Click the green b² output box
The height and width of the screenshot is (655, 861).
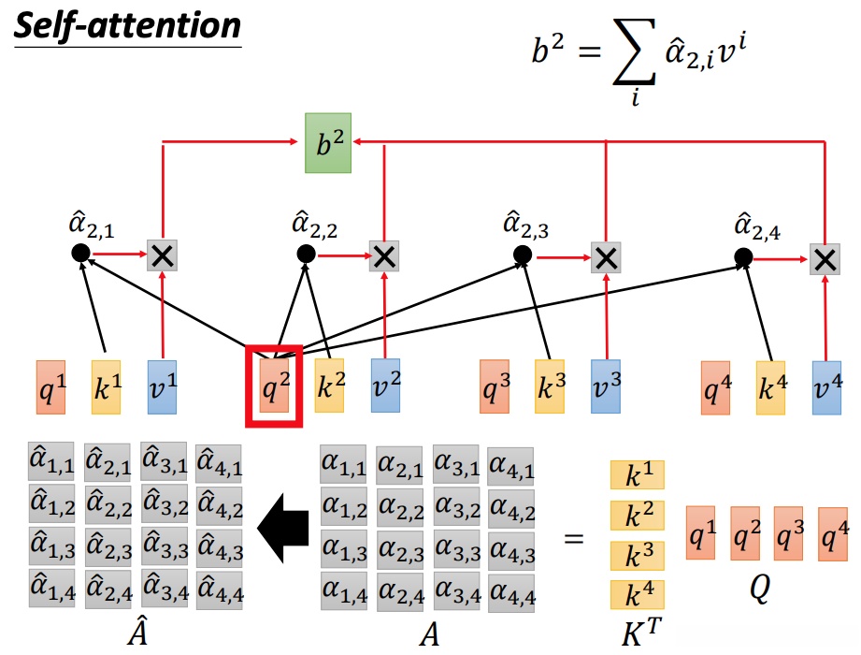point(328,143)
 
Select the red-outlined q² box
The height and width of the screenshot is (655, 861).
point(274,386)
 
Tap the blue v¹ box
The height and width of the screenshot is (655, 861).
point(162,386)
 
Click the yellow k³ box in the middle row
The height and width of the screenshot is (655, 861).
point(550,386)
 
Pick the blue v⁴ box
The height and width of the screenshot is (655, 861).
point(826,387)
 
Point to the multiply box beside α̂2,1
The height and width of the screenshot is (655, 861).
point(162,255)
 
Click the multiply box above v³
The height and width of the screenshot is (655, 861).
point(606,257)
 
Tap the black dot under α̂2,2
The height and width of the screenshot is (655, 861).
point(306,254)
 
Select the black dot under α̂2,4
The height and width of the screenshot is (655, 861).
point(743,256)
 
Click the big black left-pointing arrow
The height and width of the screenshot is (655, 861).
point(282,528)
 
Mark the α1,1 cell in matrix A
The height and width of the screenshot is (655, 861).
point(343,464)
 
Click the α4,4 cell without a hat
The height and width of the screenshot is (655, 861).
point(511,593)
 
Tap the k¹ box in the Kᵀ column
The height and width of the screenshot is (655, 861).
point(637,474)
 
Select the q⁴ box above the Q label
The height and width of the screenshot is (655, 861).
point(833,534)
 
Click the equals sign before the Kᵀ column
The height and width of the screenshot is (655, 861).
point(574,539)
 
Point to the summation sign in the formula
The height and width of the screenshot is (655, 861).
point(634,52)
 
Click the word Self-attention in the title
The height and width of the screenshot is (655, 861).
point(127,26)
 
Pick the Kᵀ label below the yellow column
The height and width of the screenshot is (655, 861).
point(641,633)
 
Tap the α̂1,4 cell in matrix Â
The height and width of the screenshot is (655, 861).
point(51,589)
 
